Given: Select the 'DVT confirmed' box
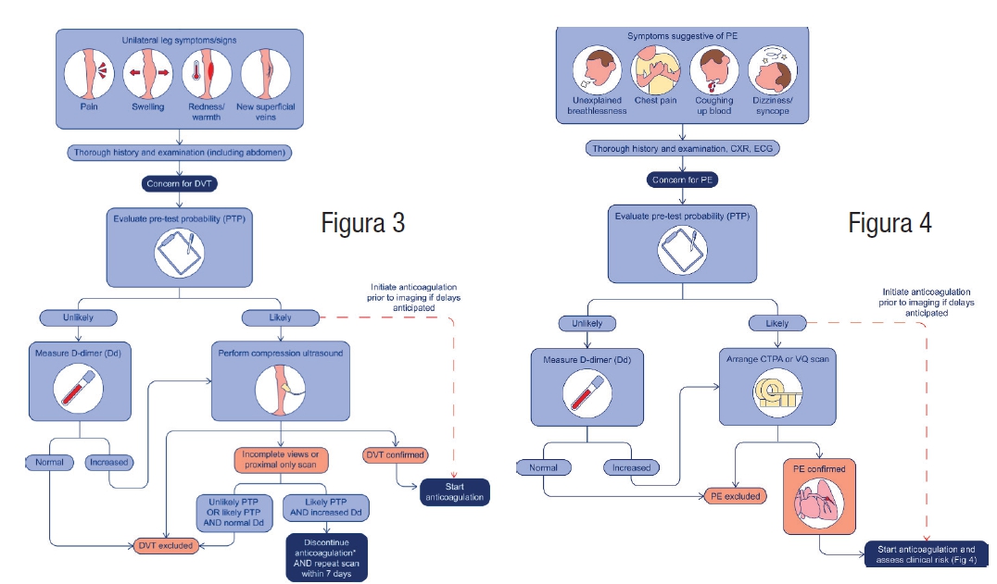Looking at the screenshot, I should click(x=396, y=454).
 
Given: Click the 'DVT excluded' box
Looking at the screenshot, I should click(x=167, y=545).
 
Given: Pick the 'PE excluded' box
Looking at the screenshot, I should click(x=736, y=496).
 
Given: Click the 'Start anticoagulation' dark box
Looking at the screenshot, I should click(x=454, y=491).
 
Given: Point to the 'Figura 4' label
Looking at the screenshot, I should click(x=890, y=223).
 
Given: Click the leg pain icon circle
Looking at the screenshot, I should click(x=90, y=75).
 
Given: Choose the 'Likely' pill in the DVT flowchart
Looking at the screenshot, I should click(x=279, y=317).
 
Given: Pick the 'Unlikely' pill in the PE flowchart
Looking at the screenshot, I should click(x=581, y=324).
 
